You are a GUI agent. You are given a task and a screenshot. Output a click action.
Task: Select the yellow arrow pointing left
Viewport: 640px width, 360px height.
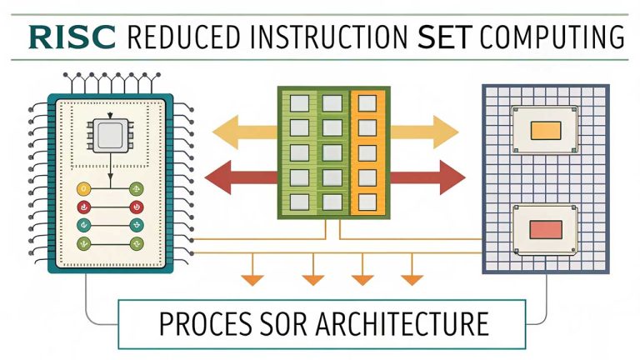click(x=244, y=131)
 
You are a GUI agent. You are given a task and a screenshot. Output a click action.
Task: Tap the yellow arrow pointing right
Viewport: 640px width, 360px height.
click(x=423, y=131)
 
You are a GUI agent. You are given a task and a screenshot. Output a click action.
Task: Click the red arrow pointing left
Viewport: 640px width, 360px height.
click(x=240, y=177)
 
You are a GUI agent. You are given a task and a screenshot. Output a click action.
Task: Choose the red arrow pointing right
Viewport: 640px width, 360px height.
click(x=426, y=177)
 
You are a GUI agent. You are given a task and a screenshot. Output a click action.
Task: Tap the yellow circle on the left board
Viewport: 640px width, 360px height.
click(x=83, y=189)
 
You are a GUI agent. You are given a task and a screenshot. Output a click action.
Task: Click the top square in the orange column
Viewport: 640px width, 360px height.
click(x=367, y=102)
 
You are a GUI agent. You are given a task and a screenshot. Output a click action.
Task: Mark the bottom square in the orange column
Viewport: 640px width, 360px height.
click(x=367, y=201)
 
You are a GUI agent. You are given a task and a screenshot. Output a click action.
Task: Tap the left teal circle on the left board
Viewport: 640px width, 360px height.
click(x=83, y=225)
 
